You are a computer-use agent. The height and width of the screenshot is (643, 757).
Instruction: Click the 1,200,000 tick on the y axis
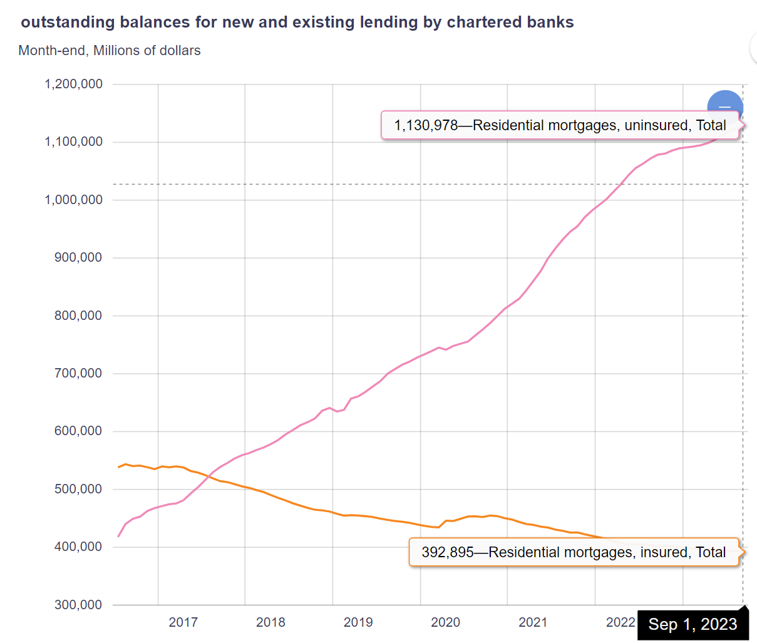pos(73,84)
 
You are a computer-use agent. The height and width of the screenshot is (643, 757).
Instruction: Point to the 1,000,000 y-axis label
pos(73,200)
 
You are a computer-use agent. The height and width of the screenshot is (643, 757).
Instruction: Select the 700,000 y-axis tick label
pos(78,373)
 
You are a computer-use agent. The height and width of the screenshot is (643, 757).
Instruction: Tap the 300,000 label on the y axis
pos(78,605)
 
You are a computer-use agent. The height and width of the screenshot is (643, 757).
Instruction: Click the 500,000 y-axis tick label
pos(78,489)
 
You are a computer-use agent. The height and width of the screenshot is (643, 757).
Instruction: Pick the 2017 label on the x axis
pos(183,622)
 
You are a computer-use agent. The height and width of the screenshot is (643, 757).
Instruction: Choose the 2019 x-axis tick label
pos(358,622)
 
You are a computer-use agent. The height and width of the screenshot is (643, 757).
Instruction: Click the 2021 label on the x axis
pos(533,622)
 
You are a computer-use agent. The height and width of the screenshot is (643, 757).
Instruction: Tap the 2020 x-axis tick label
pos(445,622)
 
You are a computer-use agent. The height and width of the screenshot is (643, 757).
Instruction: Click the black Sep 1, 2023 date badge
pos(693,624)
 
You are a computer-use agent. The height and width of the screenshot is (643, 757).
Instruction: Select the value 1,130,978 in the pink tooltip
pos(426,125)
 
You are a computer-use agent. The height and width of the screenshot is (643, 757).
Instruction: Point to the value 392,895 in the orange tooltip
pos(447,552)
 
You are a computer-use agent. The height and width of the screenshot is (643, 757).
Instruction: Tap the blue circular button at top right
pos(725,105)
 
